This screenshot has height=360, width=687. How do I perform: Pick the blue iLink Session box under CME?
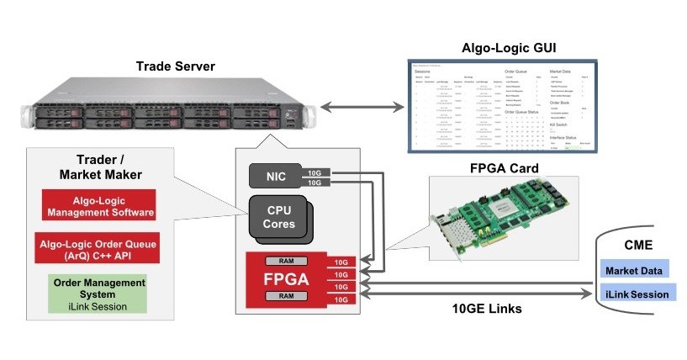point(636,294)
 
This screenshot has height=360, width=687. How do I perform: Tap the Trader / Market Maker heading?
point(94,167)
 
